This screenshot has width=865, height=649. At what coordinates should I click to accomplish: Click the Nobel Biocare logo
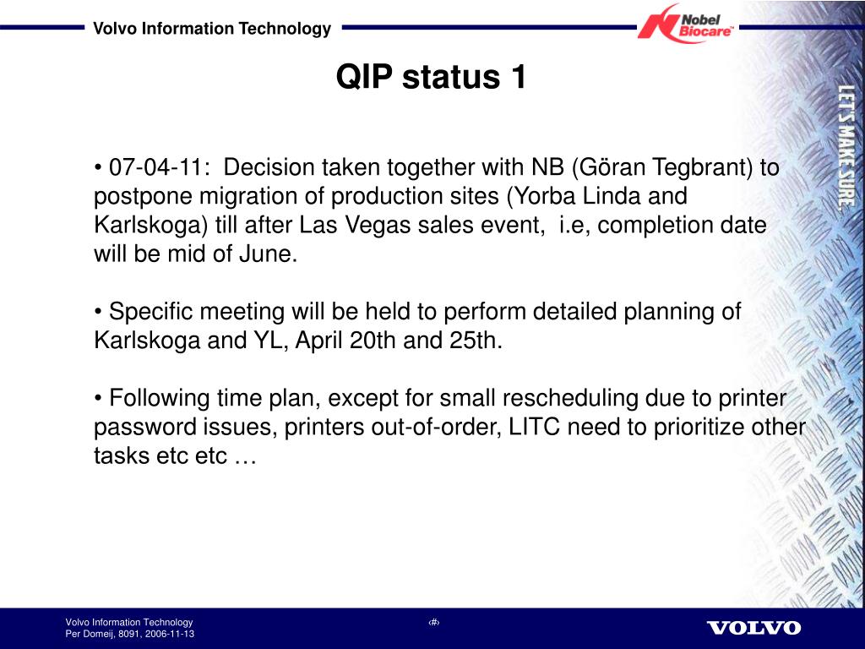pyautogui.click(x=686, y=24)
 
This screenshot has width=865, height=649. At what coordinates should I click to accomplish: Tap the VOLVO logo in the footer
pyautogui.click(x=753, y=628)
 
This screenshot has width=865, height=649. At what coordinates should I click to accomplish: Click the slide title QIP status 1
pyautogui.click(x=432, y=76)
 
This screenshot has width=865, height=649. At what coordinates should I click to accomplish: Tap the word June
pyautogui.click(x=268, y=254)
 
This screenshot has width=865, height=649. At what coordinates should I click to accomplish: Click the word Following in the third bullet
pyautogui.click(x=159, y=398)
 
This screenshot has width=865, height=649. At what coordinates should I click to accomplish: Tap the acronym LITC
pyautogui.click(x=534, y=427)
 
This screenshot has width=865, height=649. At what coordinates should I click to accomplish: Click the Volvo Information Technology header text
pyautogui.click(x=212, y=28)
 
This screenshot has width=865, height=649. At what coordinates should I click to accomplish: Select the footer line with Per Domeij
pyautogui.click(x=129, y=634)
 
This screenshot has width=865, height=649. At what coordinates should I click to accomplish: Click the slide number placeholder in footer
pyautogui.click(x=433, y=623)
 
